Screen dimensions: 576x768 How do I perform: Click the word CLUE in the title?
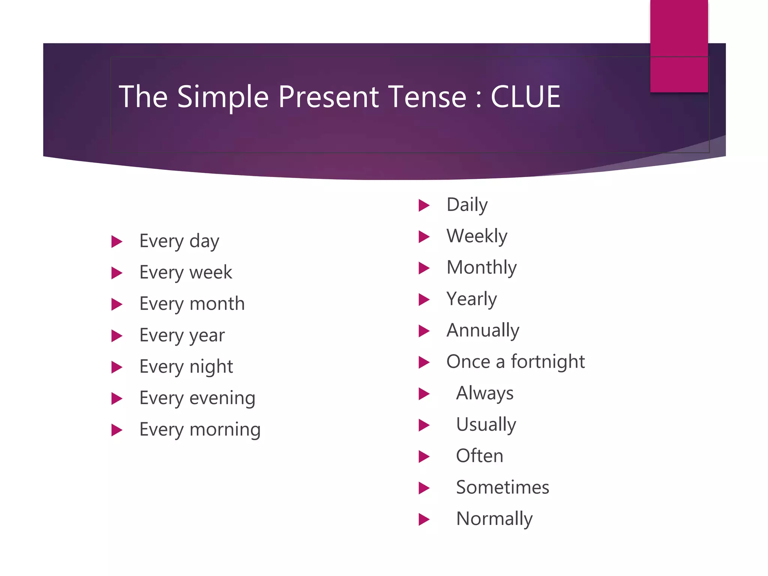525,97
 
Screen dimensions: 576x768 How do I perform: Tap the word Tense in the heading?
427,97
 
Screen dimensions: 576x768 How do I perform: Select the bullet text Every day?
179,241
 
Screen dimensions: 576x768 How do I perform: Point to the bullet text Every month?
192,304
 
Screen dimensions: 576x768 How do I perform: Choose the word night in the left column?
211,367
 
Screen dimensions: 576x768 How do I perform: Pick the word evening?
222,398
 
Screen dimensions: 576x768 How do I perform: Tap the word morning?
225,430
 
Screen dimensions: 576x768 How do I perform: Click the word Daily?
467,205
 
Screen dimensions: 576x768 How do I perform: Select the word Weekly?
477,236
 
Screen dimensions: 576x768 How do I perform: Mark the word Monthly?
481,268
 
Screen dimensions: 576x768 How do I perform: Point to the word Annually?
483,331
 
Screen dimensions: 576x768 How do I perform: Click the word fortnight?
547,362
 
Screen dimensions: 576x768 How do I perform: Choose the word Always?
484,394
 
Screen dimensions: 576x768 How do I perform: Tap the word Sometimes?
502,487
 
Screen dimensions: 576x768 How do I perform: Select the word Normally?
494,519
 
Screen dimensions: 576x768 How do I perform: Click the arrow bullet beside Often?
424,457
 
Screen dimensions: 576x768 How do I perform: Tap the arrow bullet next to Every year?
117,336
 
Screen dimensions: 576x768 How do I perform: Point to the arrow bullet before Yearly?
424,300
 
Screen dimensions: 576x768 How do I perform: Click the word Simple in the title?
223,97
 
